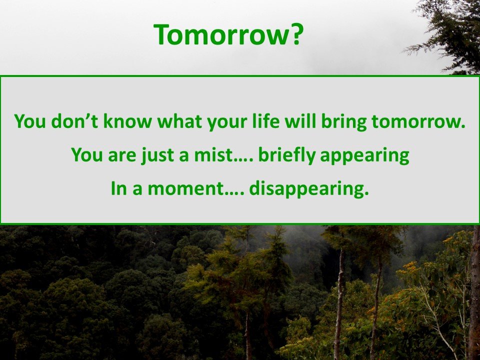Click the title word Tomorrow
221,34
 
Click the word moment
186,188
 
